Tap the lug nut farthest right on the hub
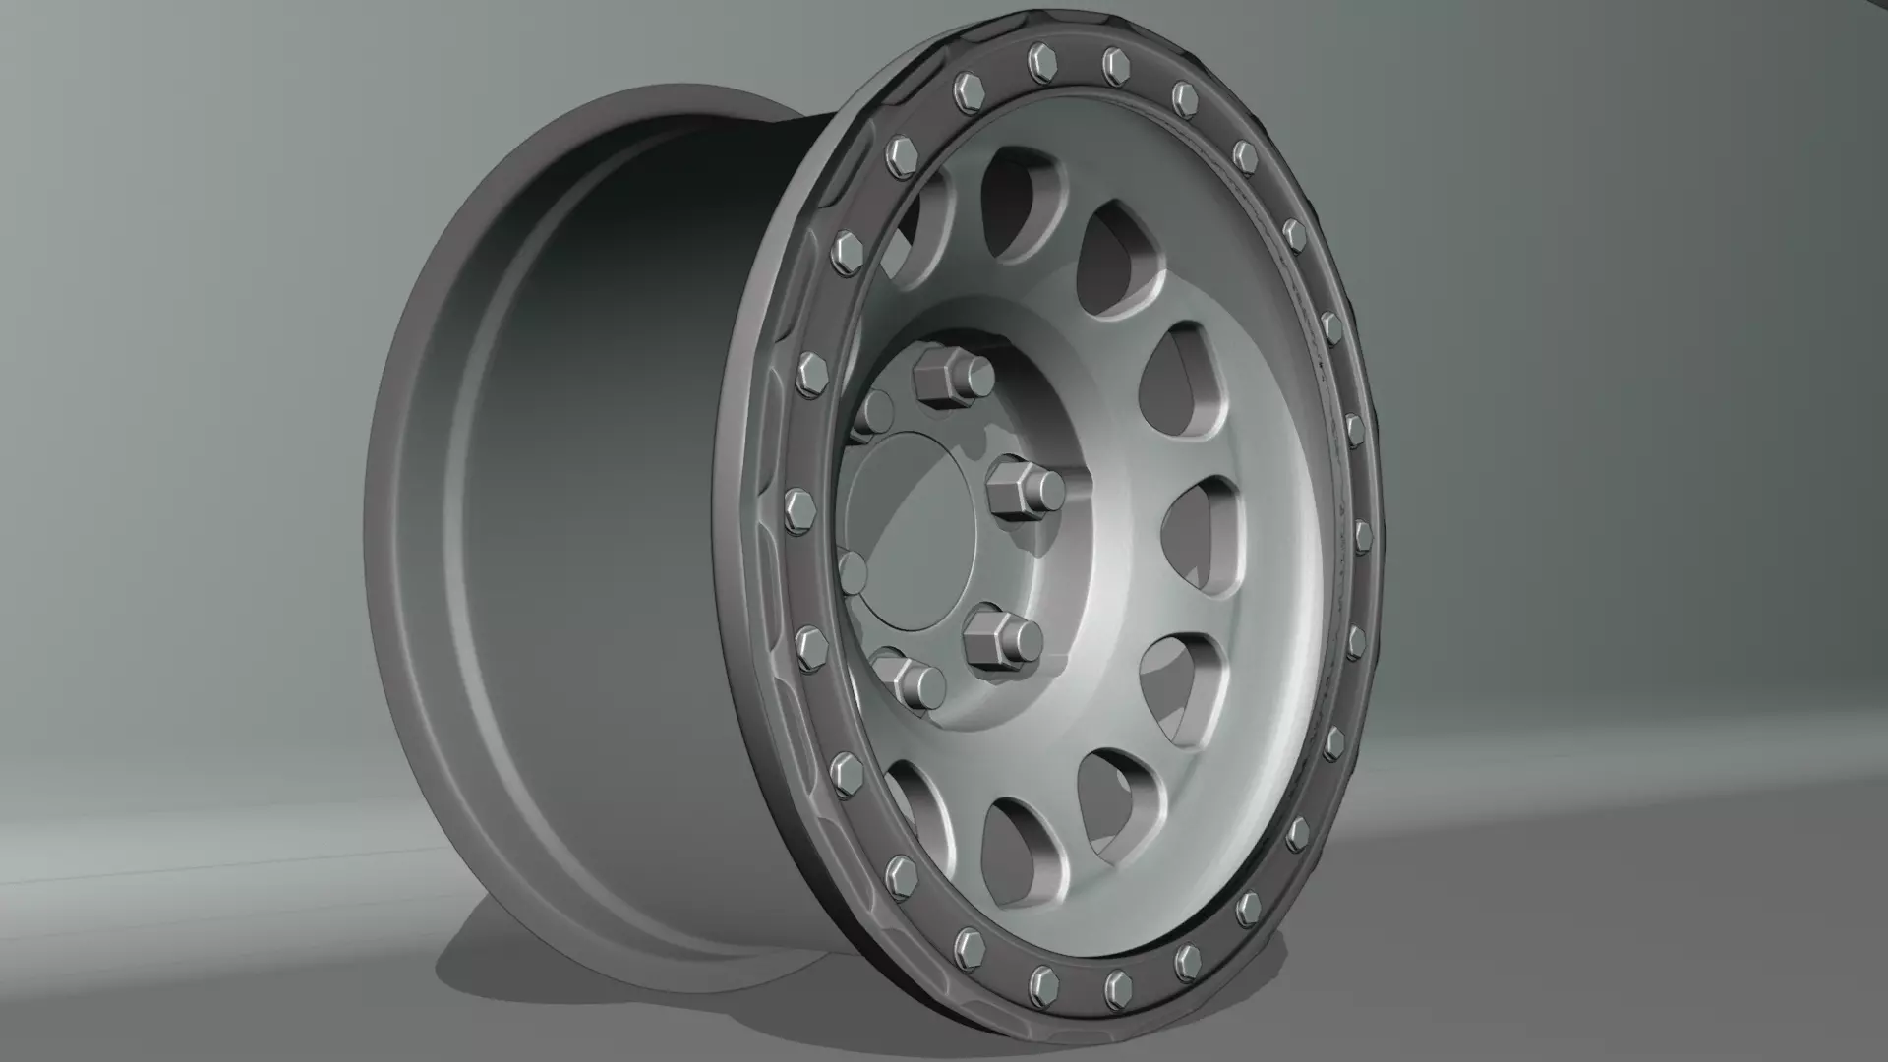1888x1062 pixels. pyautogui.click(x=1025, y=489)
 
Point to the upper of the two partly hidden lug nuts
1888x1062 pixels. pyautogui.click(x=873, y=411)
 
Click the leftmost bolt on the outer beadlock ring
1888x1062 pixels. pyautogui.click(x=795, y=510)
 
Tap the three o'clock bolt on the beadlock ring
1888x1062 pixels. pyautogui.click(x=1361, y=536)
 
